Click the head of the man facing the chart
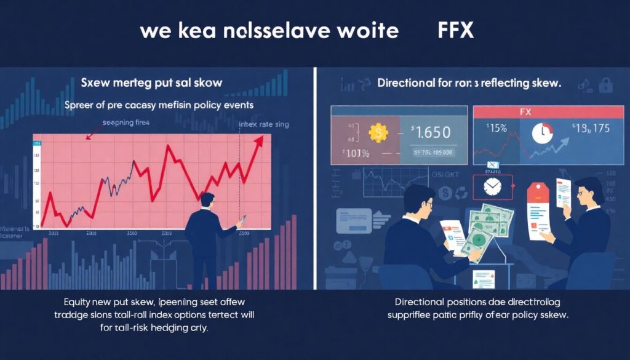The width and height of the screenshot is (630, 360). click(x=207, y=200)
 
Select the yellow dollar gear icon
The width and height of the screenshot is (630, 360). click(x=377, y=132)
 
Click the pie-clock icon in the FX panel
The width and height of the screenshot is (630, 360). click(x=541, y=134)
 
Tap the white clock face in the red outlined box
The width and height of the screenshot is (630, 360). click(x=493, y=186)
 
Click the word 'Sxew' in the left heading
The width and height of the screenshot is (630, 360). click(x=95, y=82)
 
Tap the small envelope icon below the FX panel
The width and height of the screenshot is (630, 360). click(x=493, y=165)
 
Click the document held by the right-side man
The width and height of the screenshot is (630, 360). click(x=564, y=194)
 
